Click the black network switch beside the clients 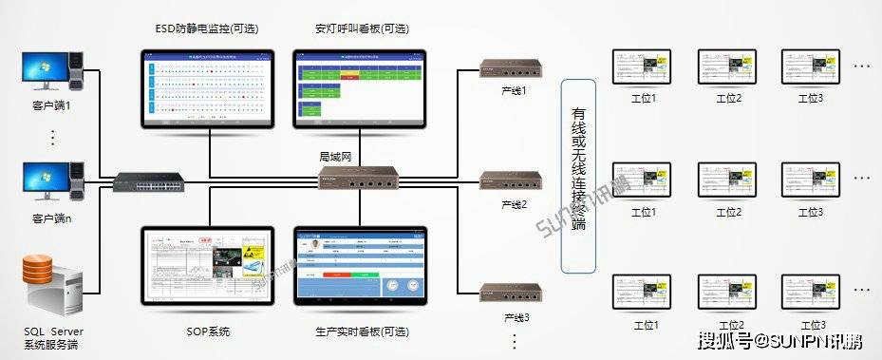[x=148, y=180]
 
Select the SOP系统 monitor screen [x=207, y=267]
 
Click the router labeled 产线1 [x=510, y=68]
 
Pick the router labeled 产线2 [x=510, y=181]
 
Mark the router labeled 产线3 [x=510, y=294]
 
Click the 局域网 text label [x=335, y=154]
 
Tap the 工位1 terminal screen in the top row [x=643, y=67]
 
